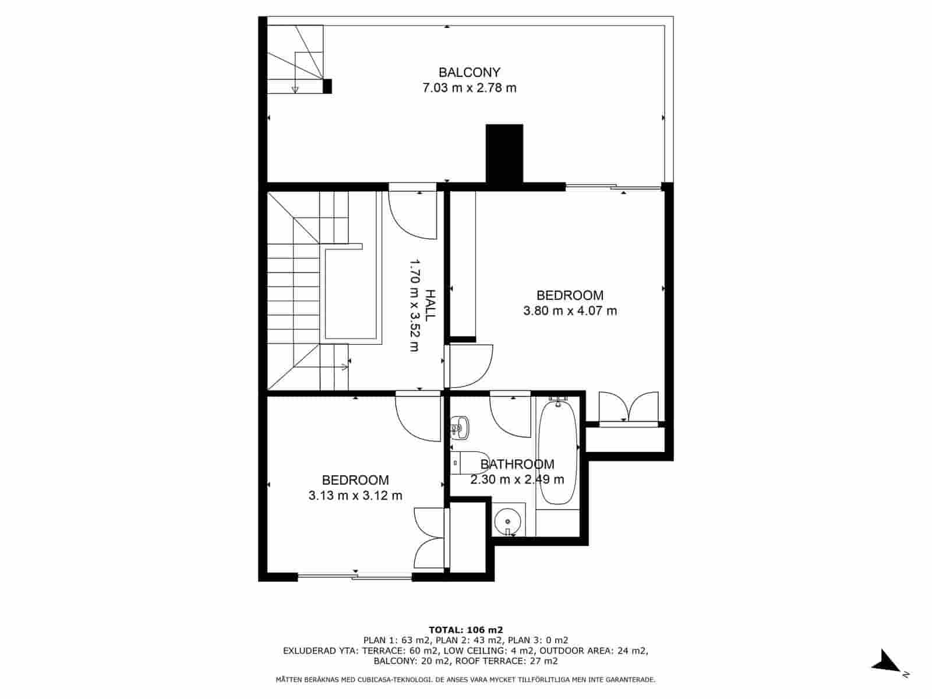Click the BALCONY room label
[x=469, y=73]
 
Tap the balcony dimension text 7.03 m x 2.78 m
[x=469, y=89]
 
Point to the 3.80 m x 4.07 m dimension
[x=570, y=311]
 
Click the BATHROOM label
[x=517, y=464]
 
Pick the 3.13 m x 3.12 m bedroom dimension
[x=355, y=496]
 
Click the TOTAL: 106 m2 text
[x=466, y=630]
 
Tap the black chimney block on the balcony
[x=504, y=154]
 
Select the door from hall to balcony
[x=412, y=213]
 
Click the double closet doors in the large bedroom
[x=629, y=408]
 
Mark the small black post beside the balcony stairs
[x=327, y=86]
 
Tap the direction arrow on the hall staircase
[x=343, y=367]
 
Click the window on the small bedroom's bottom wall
[x=355, y=577]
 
